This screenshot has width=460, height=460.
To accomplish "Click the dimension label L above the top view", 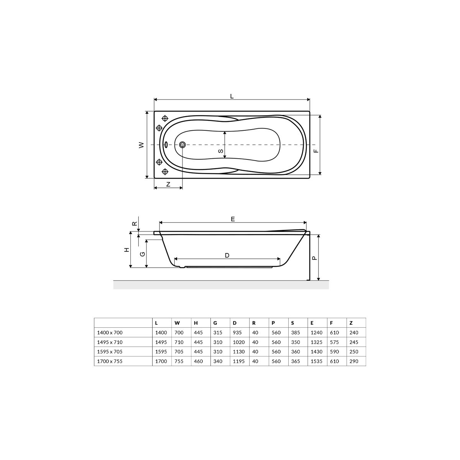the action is coord(232,96).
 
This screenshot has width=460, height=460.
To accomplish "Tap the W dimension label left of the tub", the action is coord(141,145).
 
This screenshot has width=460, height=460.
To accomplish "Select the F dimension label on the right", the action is coord(316,151).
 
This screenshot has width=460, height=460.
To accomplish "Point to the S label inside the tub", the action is coord(221,151).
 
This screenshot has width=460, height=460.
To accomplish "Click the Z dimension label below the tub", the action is coord(168,184).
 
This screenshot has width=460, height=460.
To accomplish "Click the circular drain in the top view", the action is coord(182,145).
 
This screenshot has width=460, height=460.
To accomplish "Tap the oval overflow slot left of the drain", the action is coord(166,145).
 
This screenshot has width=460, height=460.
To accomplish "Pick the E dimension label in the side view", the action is coord(233,219).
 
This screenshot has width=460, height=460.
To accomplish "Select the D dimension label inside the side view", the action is coord(227,255).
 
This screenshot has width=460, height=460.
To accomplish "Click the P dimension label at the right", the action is coord(314,258).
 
